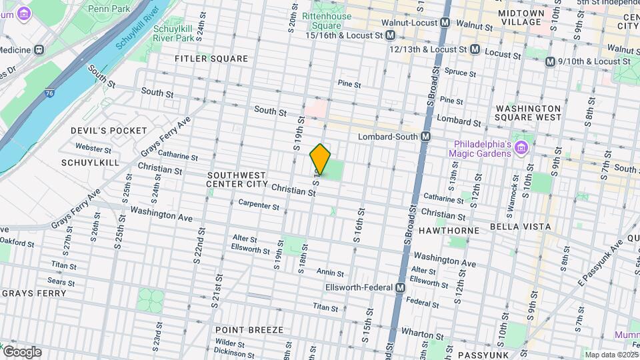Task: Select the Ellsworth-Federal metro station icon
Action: pyautogui.click(x=400, y=287)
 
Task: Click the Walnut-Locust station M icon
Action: pyautogui.click(x=445, y=23)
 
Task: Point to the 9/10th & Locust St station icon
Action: pyautogui.click(x=549, y=61)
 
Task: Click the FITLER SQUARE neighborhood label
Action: pyautogui.click(x=211, y=59)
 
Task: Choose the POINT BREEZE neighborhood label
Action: pyautogui.click(x=249, y=330)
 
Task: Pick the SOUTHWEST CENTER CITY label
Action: pyautogui.click(x=237, y=179)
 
